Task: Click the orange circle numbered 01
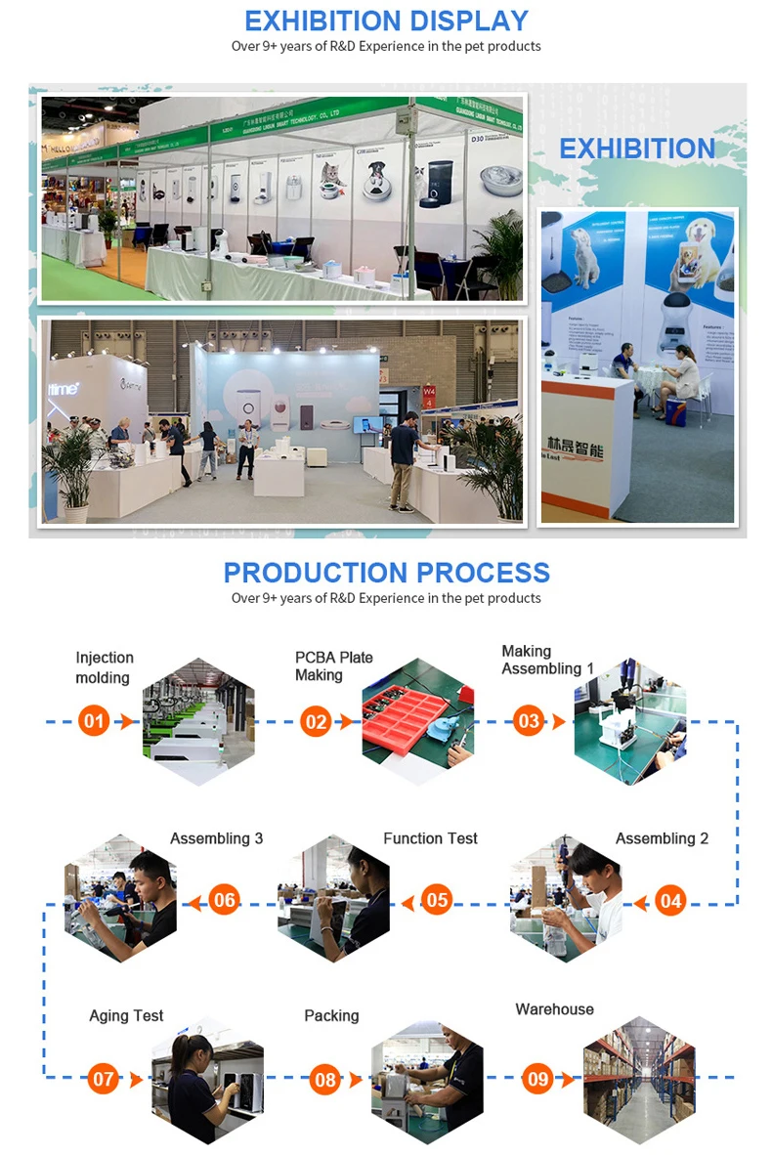click(94, 722)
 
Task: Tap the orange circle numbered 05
click(438, 900)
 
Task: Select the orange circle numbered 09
click(538, 1079)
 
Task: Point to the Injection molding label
click(105, 667)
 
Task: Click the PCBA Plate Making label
click(334, 665)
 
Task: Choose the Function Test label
click(430, 838)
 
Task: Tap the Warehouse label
click(554, 1008)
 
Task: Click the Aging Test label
click(126, 1015)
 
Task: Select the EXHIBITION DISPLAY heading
click(386, 21)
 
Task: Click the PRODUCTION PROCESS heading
click(386, 573)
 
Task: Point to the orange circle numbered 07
click(104, 1079)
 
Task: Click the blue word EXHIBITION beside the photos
click(637, 149)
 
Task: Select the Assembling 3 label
click(216, 838)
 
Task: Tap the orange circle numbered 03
click(529, 722)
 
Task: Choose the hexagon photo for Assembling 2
click(566, 900)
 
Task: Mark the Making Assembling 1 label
click(547, 660)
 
